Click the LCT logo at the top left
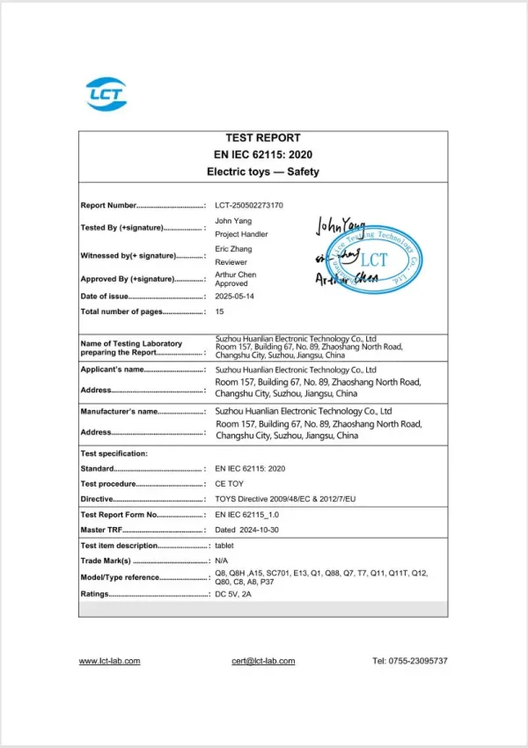tap(106, 94)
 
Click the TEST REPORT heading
tap(262, 138)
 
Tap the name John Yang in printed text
tap(232, 220)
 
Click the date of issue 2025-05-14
tap(234, 297)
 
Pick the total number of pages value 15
tap(220, 312)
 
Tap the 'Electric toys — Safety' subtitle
tap(262, 172)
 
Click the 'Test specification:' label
tap(114, 454)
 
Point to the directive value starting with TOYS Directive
tap(286, 499)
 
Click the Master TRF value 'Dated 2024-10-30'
tap(247, 530)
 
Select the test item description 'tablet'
tap(225, 546)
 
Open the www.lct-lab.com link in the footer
tap(109, 661)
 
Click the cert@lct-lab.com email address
tap(263, 661)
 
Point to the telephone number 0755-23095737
tap(410, 661)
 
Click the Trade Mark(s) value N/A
tap(223, 561)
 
